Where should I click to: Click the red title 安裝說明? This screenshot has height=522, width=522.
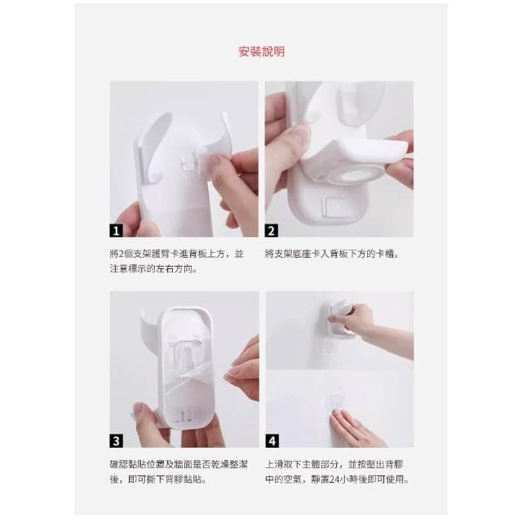[262, 51]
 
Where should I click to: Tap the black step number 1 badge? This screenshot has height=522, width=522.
[116, 230]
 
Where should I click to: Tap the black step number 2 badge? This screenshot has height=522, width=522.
[272, 230]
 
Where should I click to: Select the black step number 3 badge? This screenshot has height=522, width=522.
[116, 440]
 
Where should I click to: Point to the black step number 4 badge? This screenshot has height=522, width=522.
[272, 440]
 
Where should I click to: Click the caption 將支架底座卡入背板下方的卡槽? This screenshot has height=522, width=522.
[332, 254]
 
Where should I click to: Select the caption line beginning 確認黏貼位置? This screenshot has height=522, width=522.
[179, 464]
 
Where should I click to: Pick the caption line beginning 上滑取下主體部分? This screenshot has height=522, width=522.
[334, 464]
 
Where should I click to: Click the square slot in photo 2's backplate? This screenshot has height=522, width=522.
[337, 207]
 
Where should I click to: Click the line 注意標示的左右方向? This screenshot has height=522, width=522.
[153, 269]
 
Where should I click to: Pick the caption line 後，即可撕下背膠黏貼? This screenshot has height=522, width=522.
[158, 480]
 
